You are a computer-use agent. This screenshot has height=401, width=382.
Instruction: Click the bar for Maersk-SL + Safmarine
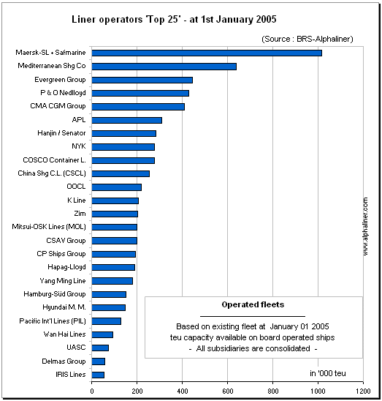point(207,53)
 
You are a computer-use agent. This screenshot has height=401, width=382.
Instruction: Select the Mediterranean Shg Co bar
point(164,67)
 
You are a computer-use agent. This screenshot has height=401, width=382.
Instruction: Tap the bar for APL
point(127,120)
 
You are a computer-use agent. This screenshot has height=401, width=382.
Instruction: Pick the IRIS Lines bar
point(98,375)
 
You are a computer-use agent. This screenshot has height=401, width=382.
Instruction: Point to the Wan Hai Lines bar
point(102,334)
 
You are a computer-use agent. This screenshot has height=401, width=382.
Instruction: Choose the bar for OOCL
point(117,187)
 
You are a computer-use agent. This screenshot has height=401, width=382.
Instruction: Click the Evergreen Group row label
point(60,80)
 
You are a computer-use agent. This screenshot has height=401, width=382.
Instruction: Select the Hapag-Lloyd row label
point(66,267)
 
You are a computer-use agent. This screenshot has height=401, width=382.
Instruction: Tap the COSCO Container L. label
point(54,160)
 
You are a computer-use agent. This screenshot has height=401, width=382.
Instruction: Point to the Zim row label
point(80,213)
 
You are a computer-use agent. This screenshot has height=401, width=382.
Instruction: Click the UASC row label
point(76,348)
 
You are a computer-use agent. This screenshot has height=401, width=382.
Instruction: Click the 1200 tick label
point(363,391)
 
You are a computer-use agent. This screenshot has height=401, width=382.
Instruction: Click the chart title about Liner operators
point(174,20)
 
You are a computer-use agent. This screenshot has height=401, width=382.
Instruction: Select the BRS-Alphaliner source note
point(307,39)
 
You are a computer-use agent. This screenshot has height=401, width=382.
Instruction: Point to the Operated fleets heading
point(253,304)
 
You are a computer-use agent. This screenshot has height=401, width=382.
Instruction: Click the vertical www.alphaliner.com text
point(365,226)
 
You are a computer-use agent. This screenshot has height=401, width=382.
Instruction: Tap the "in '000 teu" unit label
point(328,373)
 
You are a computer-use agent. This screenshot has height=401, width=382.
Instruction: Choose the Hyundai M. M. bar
point(109,307)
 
